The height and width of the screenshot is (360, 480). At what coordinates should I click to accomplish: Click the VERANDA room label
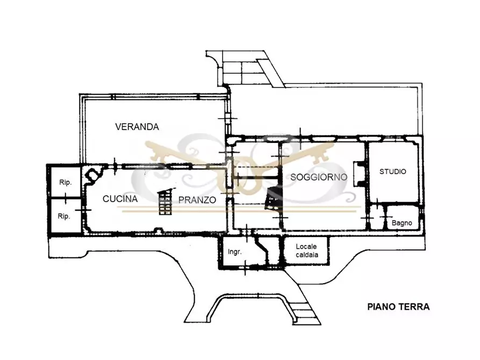tap(137, 127)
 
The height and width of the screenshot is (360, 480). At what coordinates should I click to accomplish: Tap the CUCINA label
tap(120, 199)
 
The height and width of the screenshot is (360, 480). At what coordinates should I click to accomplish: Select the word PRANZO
tap(197, 200)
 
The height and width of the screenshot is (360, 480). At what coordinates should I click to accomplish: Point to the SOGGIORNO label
tap(319, 177)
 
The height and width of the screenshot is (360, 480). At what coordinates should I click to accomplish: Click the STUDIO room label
tap(393, 171)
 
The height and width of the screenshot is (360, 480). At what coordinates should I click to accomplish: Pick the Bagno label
tap(402, 223)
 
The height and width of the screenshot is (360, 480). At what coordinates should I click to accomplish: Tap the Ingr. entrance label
tap(235, 252)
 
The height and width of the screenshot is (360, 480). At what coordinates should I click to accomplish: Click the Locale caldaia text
tap(307, 250)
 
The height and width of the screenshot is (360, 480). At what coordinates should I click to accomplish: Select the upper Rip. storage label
tap(65, 183)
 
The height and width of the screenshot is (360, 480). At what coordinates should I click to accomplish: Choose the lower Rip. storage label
tap(63, 216)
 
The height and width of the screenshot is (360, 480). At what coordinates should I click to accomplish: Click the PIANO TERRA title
tap(398, 307)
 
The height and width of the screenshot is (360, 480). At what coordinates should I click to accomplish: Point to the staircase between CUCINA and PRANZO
tap(164, 202)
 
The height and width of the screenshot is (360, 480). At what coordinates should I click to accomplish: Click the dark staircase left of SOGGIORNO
tap(273, 198)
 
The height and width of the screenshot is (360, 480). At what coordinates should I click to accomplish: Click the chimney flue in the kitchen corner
tap(92, 175)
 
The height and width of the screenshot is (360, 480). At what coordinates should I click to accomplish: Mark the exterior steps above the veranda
tap(242, 72)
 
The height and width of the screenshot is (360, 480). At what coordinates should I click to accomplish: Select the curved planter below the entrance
tap(248, 296)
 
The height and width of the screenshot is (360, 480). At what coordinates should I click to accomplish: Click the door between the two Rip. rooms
tap(66, 198)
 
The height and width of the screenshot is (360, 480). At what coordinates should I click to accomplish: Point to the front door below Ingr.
tap(245, 268)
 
